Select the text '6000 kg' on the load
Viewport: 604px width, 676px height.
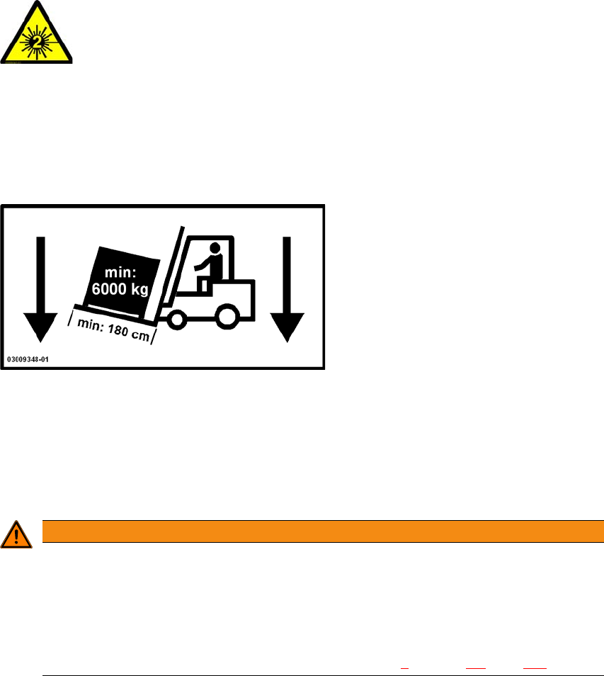(118, 289)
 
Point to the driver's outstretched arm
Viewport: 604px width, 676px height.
(203, 263)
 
